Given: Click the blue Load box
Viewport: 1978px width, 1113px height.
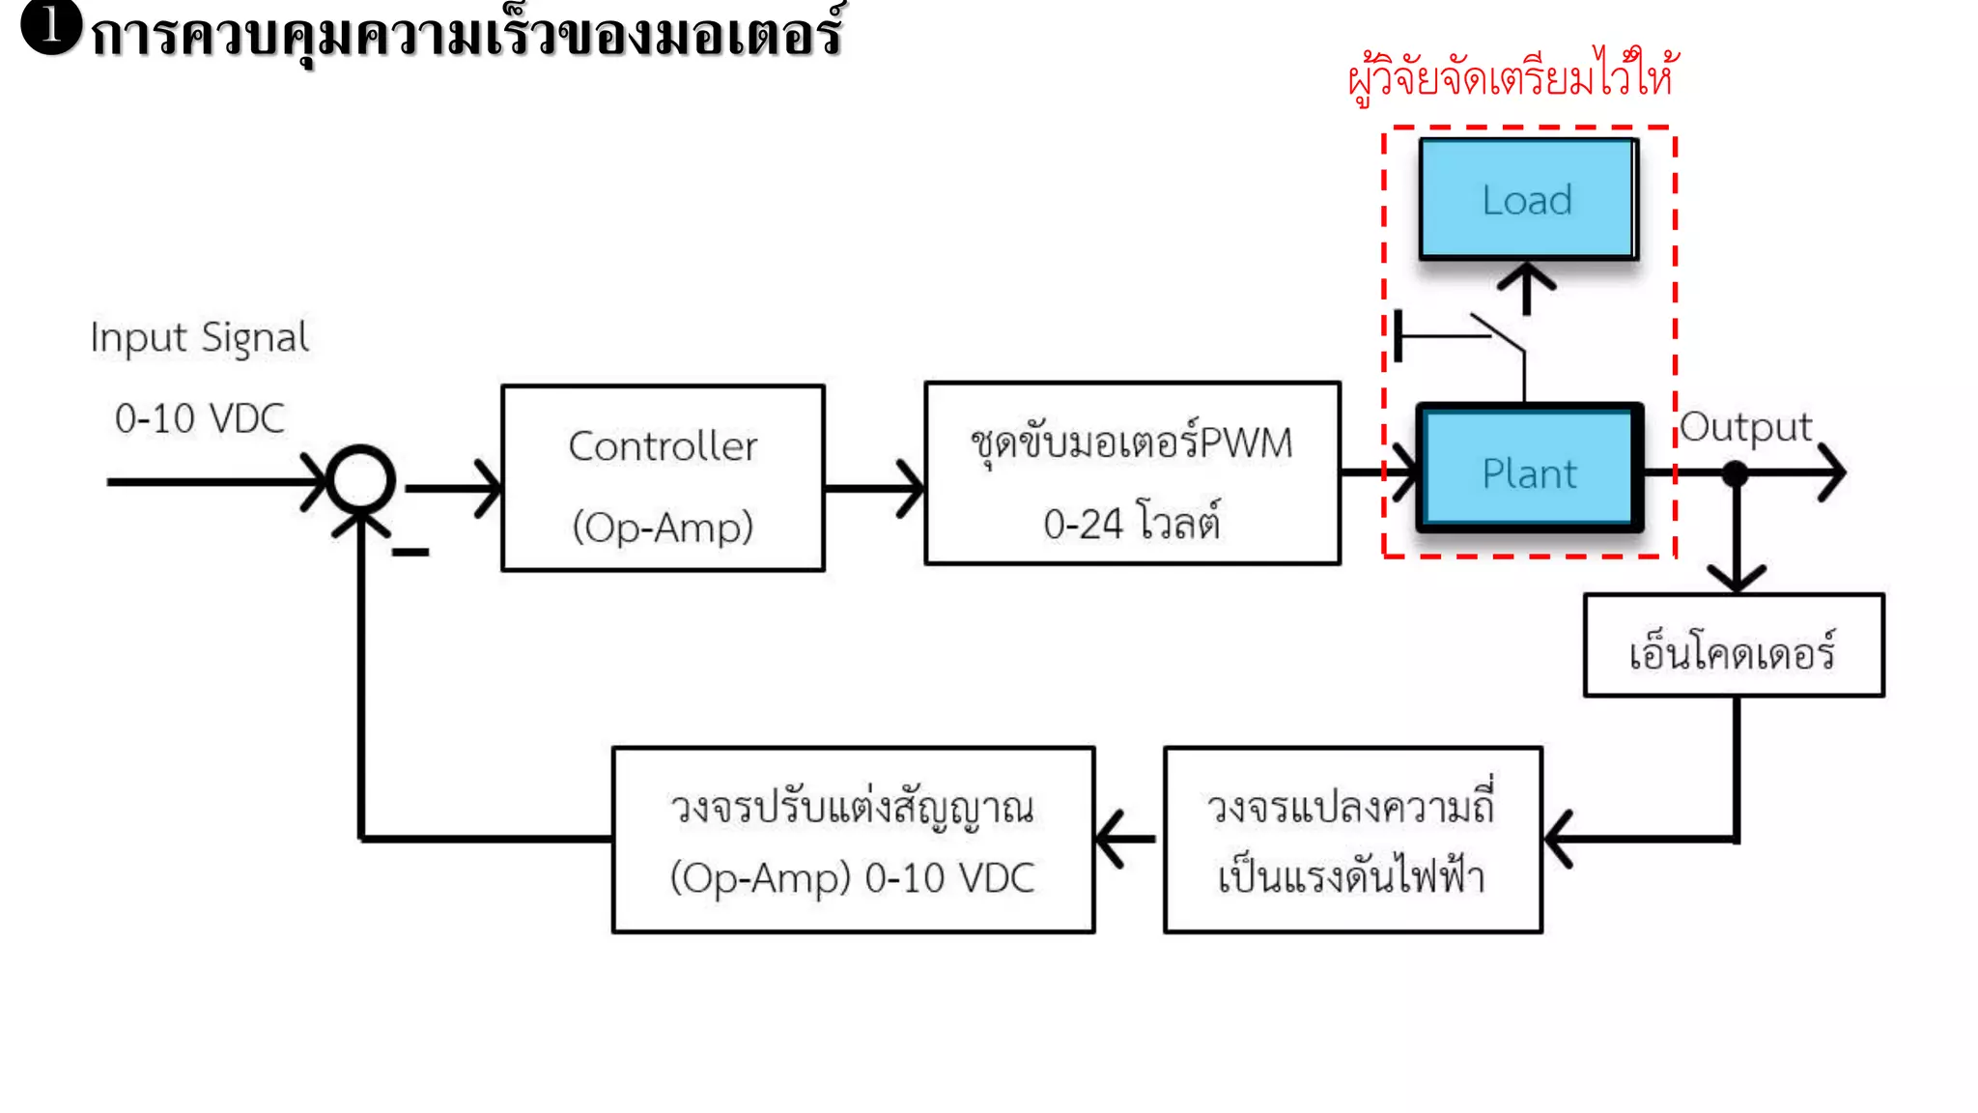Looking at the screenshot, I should [1528, 199].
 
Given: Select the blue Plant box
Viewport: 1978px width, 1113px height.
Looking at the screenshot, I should [1529, 472].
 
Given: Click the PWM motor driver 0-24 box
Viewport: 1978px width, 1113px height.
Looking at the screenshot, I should [1132, 473].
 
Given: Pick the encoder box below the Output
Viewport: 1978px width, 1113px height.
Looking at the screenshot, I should [1734, 646].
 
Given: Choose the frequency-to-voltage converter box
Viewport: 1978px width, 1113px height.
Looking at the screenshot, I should [1352, 840].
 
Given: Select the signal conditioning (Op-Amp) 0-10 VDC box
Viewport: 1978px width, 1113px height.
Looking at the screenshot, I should [853, 840].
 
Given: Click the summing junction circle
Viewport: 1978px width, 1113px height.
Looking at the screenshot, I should [360, 480].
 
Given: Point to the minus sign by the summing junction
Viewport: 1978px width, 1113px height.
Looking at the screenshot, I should [410, 553].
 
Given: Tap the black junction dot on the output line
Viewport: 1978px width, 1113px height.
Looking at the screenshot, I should [1736, 473].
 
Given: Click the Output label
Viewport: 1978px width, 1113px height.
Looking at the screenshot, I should [1745, 427].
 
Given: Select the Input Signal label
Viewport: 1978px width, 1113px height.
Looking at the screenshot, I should [199, 338].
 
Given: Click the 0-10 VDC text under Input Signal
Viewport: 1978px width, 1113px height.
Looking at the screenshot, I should [199, 418].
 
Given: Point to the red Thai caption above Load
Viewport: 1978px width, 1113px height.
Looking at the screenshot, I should [1512, 75].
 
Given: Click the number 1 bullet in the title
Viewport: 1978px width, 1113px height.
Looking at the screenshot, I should [49, 26].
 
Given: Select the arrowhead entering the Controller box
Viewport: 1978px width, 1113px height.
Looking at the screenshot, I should [489, 488].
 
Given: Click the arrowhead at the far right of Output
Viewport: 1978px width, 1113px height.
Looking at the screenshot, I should [1832, 472].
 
